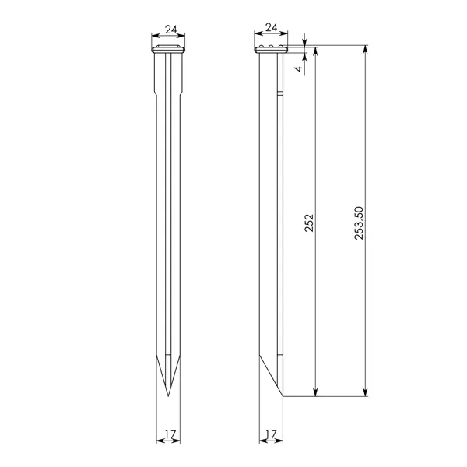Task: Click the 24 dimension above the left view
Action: pos(171,30)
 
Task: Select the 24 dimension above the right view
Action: pos(272,28)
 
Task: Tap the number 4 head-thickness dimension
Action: pos(299,69)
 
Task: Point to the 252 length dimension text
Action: pos(309,223)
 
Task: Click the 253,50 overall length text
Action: pos(359,223)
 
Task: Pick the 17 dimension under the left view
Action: pos(171,435)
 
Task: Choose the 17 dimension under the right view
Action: pos(271,435)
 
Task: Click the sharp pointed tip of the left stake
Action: pos(168,396)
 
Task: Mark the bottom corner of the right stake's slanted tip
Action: pos(283,396)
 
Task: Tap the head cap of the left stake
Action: pos(168,49)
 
